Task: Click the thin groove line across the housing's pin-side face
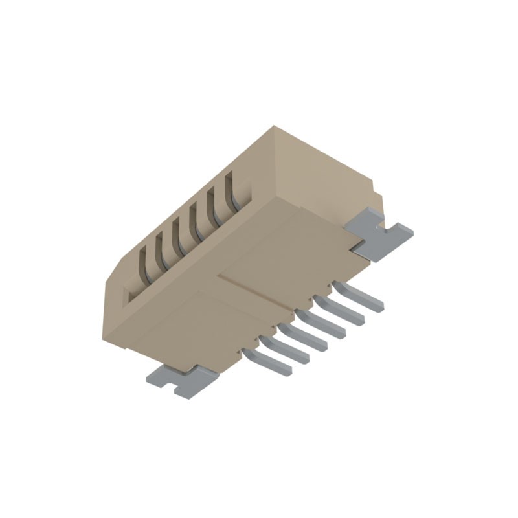(x=259, y=291)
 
